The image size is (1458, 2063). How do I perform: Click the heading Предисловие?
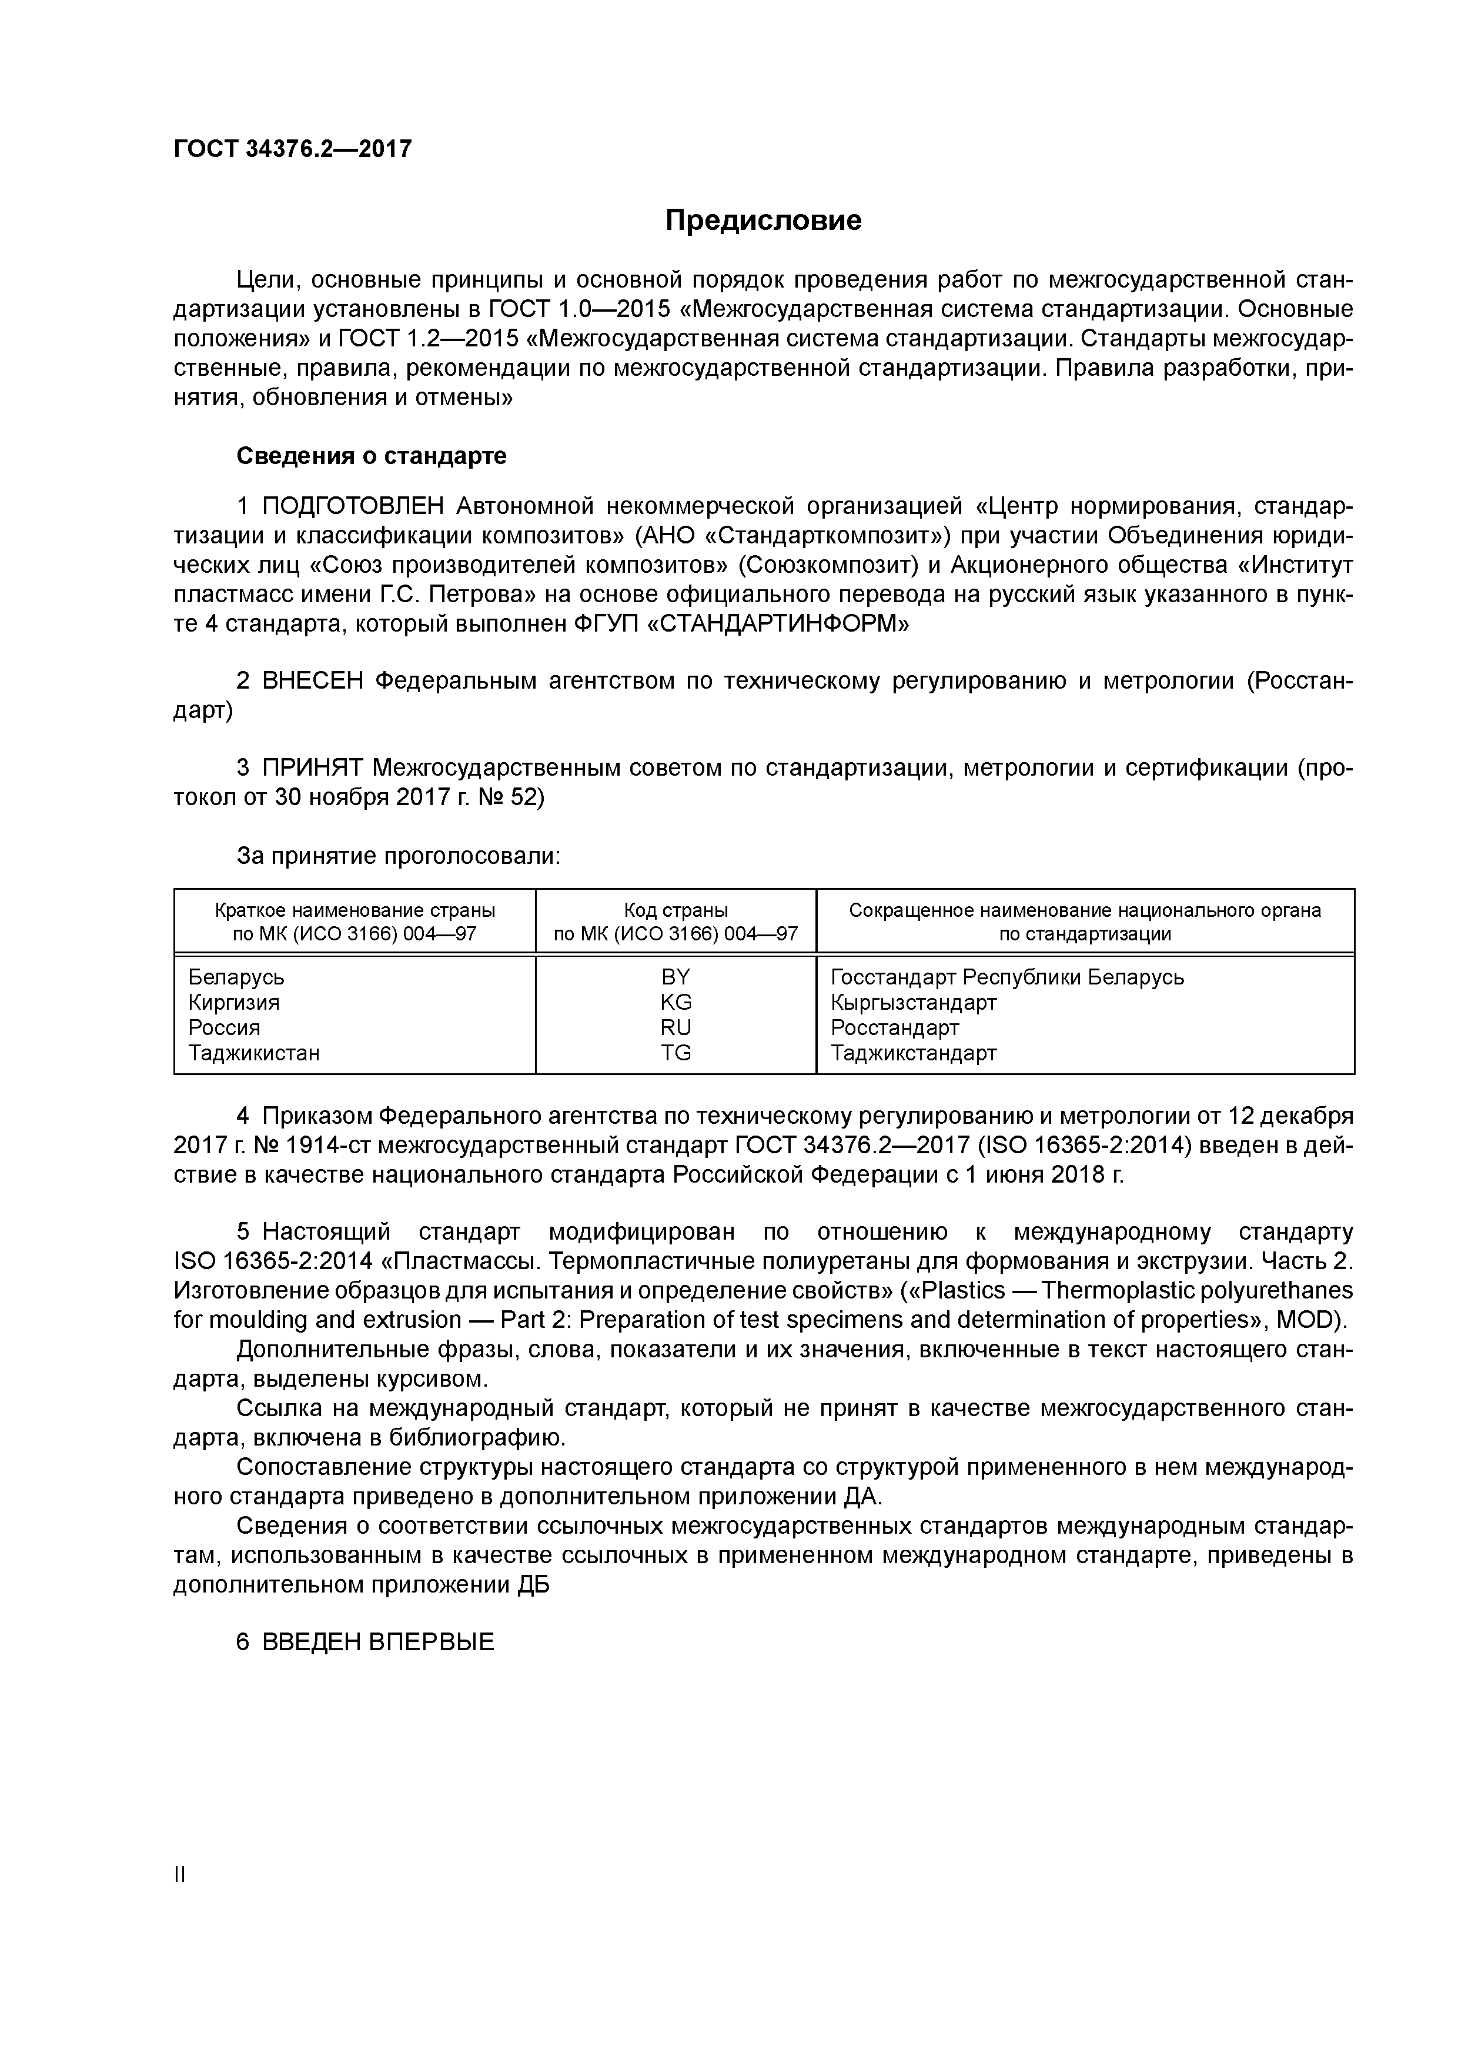763,220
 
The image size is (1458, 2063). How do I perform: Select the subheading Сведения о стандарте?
371,456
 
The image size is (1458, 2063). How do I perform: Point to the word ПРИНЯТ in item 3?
313,767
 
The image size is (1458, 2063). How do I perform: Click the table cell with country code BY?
676,977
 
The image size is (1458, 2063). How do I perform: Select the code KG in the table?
676,1002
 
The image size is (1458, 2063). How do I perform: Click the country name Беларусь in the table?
236,977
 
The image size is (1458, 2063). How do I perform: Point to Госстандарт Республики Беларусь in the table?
1007,977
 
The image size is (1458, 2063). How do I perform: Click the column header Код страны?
676,910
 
